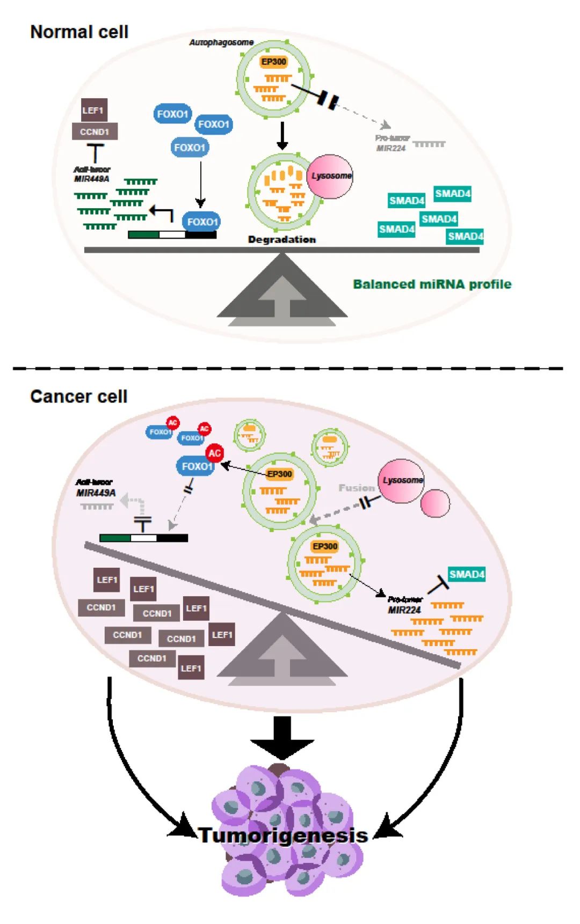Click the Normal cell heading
click(79, 32)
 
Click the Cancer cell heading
click(78, 397)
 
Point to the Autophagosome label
click(221, 42)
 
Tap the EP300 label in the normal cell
click(273, 62)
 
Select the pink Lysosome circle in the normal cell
click(330, 176)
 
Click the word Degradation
click(281, 240)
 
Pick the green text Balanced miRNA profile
click(432, 284)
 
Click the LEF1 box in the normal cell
click(93, 111)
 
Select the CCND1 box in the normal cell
click(95, 131)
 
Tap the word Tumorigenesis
click(283, 835)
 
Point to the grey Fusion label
click(356, 488)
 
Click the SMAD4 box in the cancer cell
click(466, 575)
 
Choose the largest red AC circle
click(214, 453)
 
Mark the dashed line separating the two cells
click(288, 369)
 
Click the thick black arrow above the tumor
click(282, 738)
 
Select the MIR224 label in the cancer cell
click(404, 610)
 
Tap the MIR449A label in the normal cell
click(91, 179)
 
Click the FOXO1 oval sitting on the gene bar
click(201, 222)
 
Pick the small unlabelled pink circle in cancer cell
click(435, 503)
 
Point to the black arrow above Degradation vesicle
click(282, 136)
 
